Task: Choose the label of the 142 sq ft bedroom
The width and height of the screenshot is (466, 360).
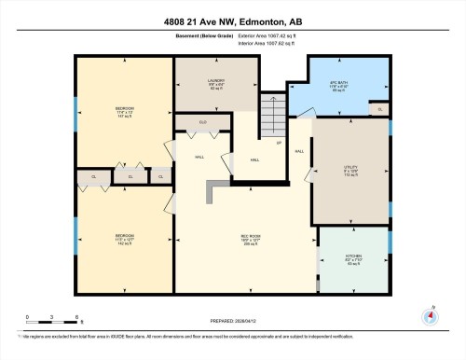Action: (124, 238)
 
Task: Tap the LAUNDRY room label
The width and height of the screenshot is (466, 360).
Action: (215, 83)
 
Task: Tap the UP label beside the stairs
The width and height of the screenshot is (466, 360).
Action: (278, 143)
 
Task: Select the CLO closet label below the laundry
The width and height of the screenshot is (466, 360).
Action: (203, 122)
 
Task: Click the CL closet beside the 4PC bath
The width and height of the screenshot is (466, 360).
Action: (380, 109)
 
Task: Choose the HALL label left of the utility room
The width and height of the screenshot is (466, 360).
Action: (299, 151)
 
